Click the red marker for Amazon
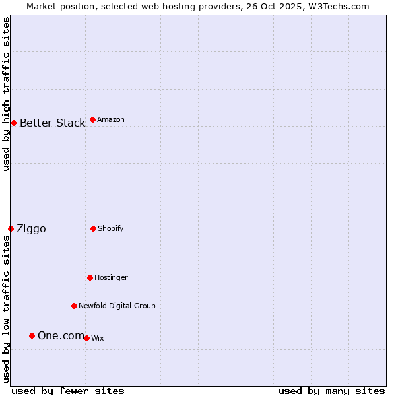pyautogui.click(x=92, y=119)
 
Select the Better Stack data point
pyautogui.click(x=14, y=123)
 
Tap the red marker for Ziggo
pyautogui.click(x=11, y=228)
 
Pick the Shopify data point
pyautogui.click(x=93, y=228)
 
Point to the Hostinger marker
pyautogui.click(x=90, y=277)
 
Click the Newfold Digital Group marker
pyautogui.click(x=74, y=306)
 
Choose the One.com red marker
pyautogui.click(x=32, y=335)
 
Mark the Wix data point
pyautogui.click(x=86, y=338)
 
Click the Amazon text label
pyautogui.click(x=111, y=119)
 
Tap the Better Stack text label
pyautogui.click(x=52, y=123)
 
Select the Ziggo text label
pyautogui.click(x=31, y=228)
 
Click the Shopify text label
pyautogui.click(x=111, y=228)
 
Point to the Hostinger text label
pyautogui.click(x=111, y=277)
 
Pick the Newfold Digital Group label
pyautogui.click(x=117, y=306)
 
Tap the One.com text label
pyautogui.click(x=61, y=335)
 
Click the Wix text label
pyautogui.click(x=97, y=338)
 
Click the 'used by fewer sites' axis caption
pyautogui.click(x=68, y=391)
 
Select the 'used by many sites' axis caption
pyautogui.click(x=331, y=391)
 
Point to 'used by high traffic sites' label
pyautogui.click(x=6, y=94)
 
